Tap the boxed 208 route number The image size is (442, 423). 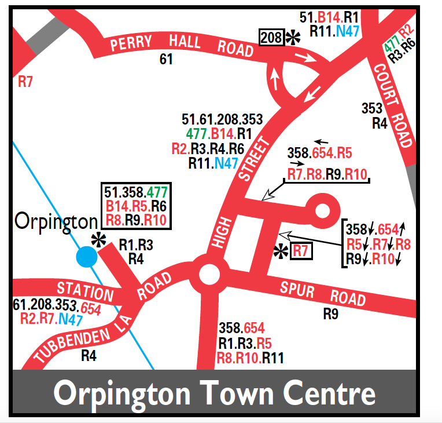click(x=271, y=38)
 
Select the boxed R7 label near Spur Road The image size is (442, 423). click(x=301, y=251)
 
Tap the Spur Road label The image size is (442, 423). click(x=323, y=293)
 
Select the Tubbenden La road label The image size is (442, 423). click(x=79, y=336)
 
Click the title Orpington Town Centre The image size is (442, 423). click(x=214, y=393)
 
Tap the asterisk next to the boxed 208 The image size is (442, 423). click(x=293, y=38)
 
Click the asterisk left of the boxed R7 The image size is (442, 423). click(x=281, y=252)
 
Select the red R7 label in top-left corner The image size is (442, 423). click(x=25, y=82)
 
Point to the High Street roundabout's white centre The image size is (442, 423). click(x=209, y=273)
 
